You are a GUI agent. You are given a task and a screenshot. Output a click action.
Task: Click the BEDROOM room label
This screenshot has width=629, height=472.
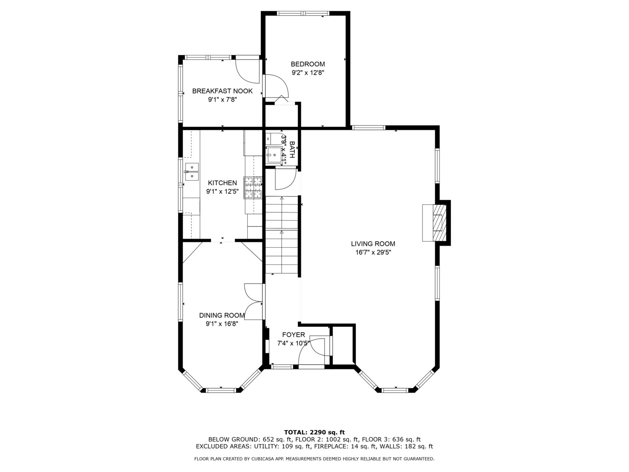(x=308, y=64)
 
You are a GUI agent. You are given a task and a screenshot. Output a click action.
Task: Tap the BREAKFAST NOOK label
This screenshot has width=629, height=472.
(x=222, y=91)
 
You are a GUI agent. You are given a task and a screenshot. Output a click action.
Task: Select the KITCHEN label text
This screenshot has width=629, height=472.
(x=222, y=183)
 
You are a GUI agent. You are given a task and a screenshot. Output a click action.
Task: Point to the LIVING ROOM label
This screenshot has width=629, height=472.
(x=373, y=244)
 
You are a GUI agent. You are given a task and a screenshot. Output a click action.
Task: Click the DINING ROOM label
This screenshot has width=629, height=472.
(x=222, y=315)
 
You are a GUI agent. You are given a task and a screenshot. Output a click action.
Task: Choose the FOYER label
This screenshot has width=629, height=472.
(x=293, y=335)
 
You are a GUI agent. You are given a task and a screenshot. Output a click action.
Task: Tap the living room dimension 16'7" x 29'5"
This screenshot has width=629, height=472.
(x=373, y=252)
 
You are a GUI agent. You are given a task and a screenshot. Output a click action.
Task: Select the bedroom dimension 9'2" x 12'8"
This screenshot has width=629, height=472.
(x=308, y=73)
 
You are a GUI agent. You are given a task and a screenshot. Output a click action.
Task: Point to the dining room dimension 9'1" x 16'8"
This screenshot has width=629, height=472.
(x=222, y=323)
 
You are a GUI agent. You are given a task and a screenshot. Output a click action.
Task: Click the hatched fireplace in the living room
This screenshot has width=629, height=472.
(x=437, y=222)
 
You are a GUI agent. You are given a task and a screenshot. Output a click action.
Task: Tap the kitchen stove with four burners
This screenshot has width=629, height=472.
(x=253, y=187)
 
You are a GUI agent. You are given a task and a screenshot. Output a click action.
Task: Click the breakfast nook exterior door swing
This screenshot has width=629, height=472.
(x=247, y=70)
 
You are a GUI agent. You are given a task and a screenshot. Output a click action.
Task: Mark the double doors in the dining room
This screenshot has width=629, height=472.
(x=254, y=302)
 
